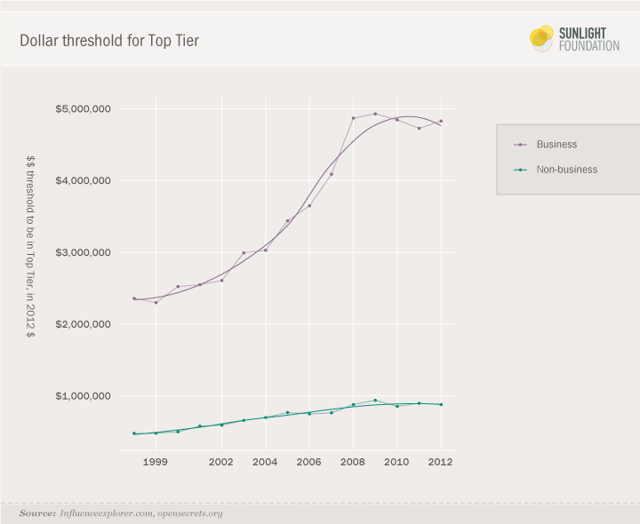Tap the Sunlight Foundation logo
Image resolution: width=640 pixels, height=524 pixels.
click(574, 38)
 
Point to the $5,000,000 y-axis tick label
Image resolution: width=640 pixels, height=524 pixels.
click(83, 109)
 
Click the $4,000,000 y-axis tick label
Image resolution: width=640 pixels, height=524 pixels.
click(83, 181)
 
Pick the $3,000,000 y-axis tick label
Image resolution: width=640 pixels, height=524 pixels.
click(83, 252)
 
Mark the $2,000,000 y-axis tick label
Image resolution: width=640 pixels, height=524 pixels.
click(83, 324)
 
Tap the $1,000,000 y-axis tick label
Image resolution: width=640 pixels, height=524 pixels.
click(83, 396)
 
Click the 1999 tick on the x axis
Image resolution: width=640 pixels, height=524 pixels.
click(156, 463)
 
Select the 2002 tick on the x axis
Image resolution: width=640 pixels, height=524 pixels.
click(221, 463)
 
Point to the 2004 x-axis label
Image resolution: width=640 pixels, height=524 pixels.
click(265, 463)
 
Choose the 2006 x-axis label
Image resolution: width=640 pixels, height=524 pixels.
click(308, 463)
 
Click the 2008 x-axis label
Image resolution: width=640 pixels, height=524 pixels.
click(353, 463)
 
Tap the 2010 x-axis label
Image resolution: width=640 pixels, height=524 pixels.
click(396, 463)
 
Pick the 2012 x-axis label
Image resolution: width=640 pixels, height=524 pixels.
click(440, 463)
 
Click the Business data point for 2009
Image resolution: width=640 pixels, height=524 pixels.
click(375, 114)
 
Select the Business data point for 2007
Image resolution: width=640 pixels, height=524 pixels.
click(331, 174)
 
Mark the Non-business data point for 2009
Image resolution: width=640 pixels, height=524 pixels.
click(375, 401)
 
